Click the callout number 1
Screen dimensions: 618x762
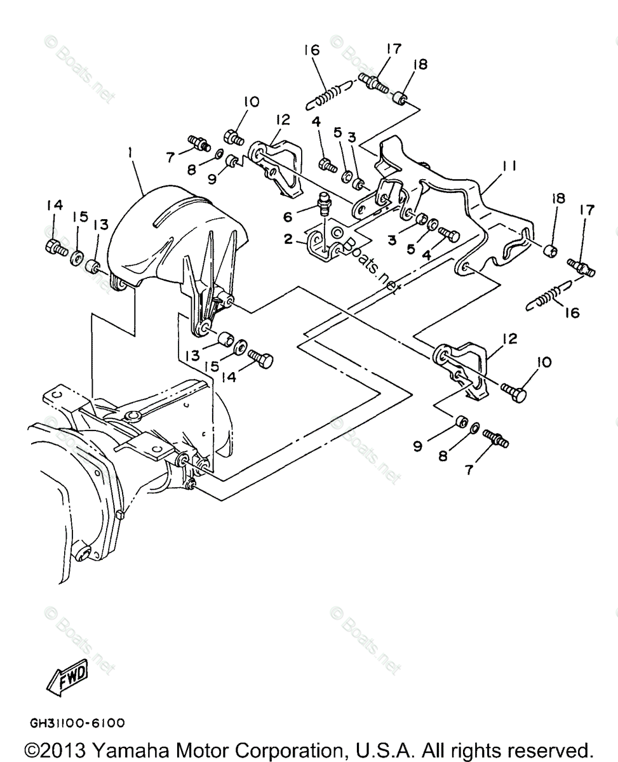tap(131, 154)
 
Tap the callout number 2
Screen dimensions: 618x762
tap(289, 239)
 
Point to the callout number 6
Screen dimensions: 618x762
tap(288, 217)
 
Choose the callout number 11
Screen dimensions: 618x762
tap(509, 166)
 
